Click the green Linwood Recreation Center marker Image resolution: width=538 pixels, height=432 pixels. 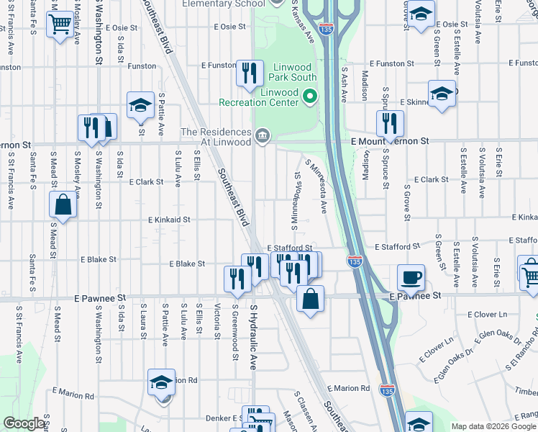click(310, 95)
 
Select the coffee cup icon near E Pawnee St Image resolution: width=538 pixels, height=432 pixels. click(411, 277)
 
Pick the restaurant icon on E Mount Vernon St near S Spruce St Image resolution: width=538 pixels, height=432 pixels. click(389, 123)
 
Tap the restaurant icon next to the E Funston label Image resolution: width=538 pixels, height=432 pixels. click(249, 73)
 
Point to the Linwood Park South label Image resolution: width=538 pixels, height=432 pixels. click(293, 76)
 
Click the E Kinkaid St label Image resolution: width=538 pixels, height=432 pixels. click(169, 220)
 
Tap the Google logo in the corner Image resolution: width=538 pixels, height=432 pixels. click(23, 424)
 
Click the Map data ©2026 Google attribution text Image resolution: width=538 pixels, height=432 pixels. click(493, 426)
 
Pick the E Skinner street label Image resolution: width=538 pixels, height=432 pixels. click(415, 102)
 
